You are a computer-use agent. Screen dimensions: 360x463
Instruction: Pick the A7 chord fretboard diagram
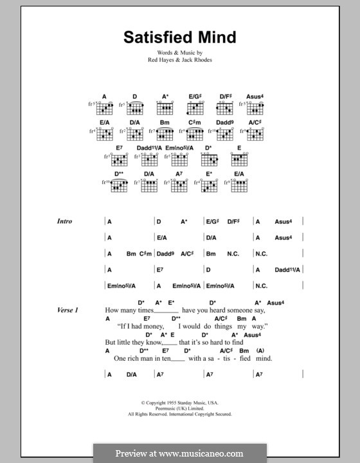(179, 186)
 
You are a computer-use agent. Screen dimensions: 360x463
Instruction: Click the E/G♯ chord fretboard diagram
(195, 107)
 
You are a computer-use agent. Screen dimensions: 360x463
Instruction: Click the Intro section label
(64, 221)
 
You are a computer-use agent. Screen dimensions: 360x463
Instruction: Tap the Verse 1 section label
(66, 311)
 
